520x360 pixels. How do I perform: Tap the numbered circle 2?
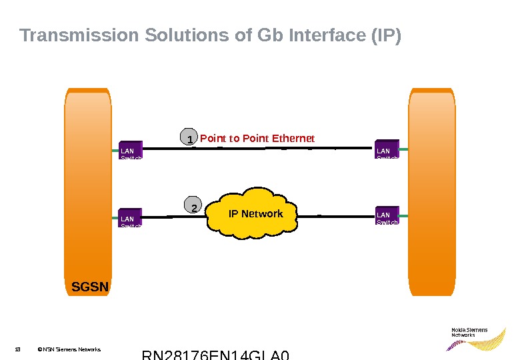click(x=193, y=207)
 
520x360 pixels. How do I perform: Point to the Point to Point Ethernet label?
click(x=257, y=138)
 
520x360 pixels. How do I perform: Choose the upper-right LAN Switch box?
click(x=387, y=149)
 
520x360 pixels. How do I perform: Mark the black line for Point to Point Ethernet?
click(x=267, y=148)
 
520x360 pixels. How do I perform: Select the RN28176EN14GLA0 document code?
click(x=216, y=355)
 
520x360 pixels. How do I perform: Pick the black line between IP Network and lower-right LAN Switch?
click(x=337, y=216)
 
